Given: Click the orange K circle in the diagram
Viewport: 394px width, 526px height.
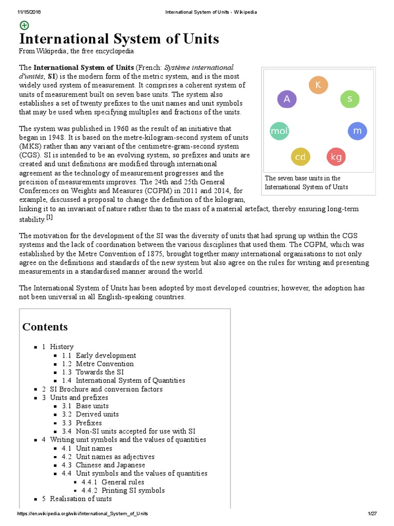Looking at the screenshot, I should [318, 85].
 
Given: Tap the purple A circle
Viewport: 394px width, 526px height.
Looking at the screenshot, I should [287, 99].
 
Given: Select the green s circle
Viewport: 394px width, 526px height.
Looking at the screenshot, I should [350, 99].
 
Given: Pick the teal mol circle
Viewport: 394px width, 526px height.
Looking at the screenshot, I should [279, 131].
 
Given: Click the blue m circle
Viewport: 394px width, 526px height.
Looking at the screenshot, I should [358, 131].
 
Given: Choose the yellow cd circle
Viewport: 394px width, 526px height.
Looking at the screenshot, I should [301, 157].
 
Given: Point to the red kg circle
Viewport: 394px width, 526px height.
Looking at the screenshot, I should [336, 157].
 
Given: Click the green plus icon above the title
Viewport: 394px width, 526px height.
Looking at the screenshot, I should [24, 25].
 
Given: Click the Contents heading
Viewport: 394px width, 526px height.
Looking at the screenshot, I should [45, 327].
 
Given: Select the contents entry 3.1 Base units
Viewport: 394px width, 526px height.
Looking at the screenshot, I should [92, 406].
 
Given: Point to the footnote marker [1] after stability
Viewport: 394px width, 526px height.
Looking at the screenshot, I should [50, 217].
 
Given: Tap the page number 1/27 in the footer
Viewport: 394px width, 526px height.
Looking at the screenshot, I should [372, 514].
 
